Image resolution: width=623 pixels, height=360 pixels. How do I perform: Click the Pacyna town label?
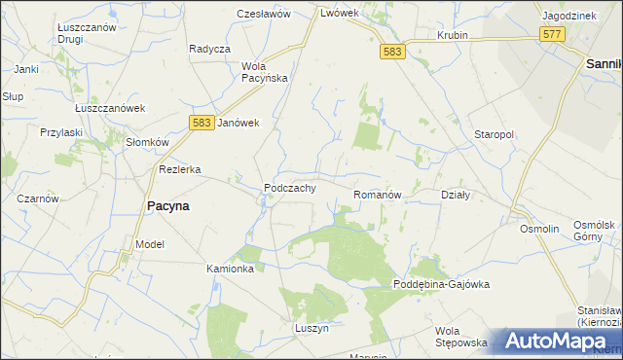[167, 206]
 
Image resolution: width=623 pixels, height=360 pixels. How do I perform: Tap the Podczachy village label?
[289, 188]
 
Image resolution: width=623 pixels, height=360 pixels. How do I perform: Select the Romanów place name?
[378, 195]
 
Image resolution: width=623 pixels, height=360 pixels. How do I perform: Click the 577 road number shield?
[553, 34]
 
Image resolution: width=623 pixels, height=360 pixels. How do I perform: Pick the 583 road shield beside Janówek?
[201, 122]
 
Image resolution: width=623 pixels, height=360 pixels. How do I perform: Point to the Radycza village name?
[209, 49]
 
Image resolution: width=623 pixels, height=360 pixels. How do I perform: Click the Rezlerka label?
[180, 169]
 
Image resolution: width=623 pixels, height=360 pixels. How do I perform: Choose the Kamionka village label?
[231, 268]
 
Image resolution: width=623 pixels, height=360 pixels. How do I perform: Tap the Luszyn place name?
[312, 329]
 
